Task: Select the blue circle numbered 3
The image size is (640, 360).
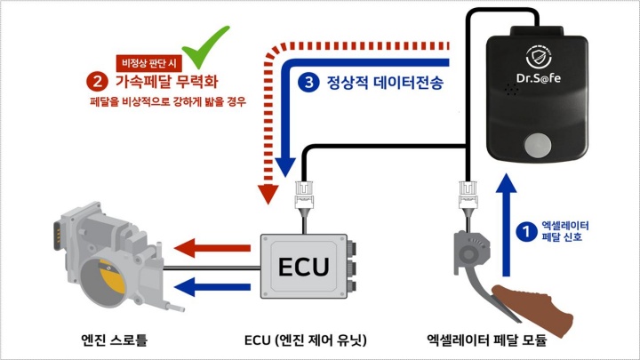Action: (308, 83)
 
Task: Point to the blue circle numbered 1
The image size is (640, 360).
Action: (526, 231)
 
